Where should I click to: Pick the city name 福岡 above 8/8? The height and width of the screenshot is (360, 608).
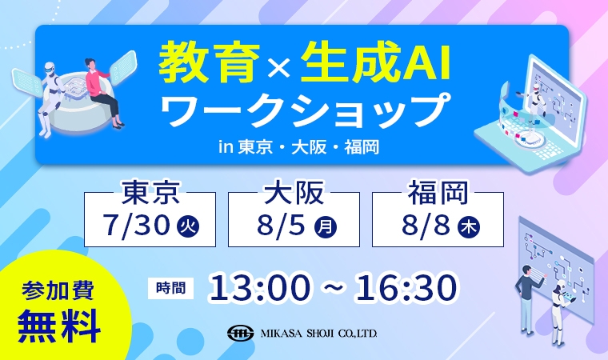(438, 192)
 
